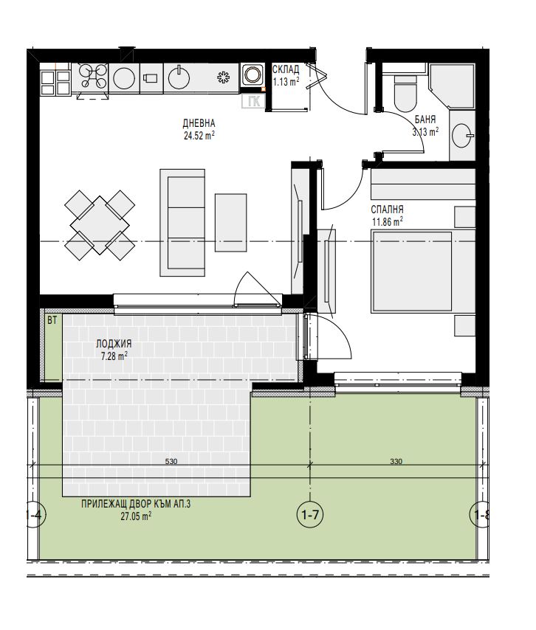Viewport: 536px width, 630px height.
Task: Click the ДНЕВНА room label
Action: (x=199, y=123)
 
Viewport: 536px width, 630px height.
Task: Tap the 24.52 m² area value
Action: (x=199, y=136)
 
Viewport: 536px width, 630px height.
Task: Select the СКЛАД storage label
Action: (x=286, y=69)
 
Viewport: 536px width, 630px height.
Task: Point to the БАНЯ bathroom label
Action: (x=425, y=120)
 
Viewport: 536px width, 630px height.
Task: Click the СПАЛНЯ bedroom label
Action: (x=387, y=210)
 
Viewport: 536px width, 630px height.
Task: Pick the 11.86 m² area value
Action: (x=388, y=221)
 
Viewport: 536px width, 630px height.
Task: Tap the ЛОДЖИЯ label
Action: (x=114, y=344)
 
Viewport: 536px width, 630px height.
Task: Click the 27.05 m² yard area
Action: (x=136, y=516)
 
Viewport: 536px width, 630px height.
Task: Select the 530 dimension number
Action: (x=171, y=462)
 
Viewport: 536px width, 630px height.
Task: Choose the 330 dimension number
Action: (x=396, y=462)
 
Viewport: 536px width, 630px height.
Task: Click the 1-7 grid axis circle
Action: (x=310, y=515)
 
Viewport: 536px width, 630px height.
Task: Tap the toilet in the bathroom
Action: (x=405, y=93)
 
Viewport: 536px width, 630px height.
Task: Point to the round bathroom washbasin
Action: (x=462, y=136)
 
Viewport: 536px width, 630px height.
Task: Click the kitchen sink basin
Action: (x=179, y=78)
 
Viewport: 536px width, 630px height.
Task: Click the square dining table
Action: (x=100, y=225)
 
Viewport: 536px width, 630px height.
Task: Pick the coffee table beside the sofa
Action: (x=230, y=223)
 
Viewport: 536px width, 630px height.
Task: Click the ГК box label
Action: (x=253, y=102)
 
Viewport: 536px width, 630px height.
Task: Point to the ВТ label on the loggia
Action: (x=52, y=320)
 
